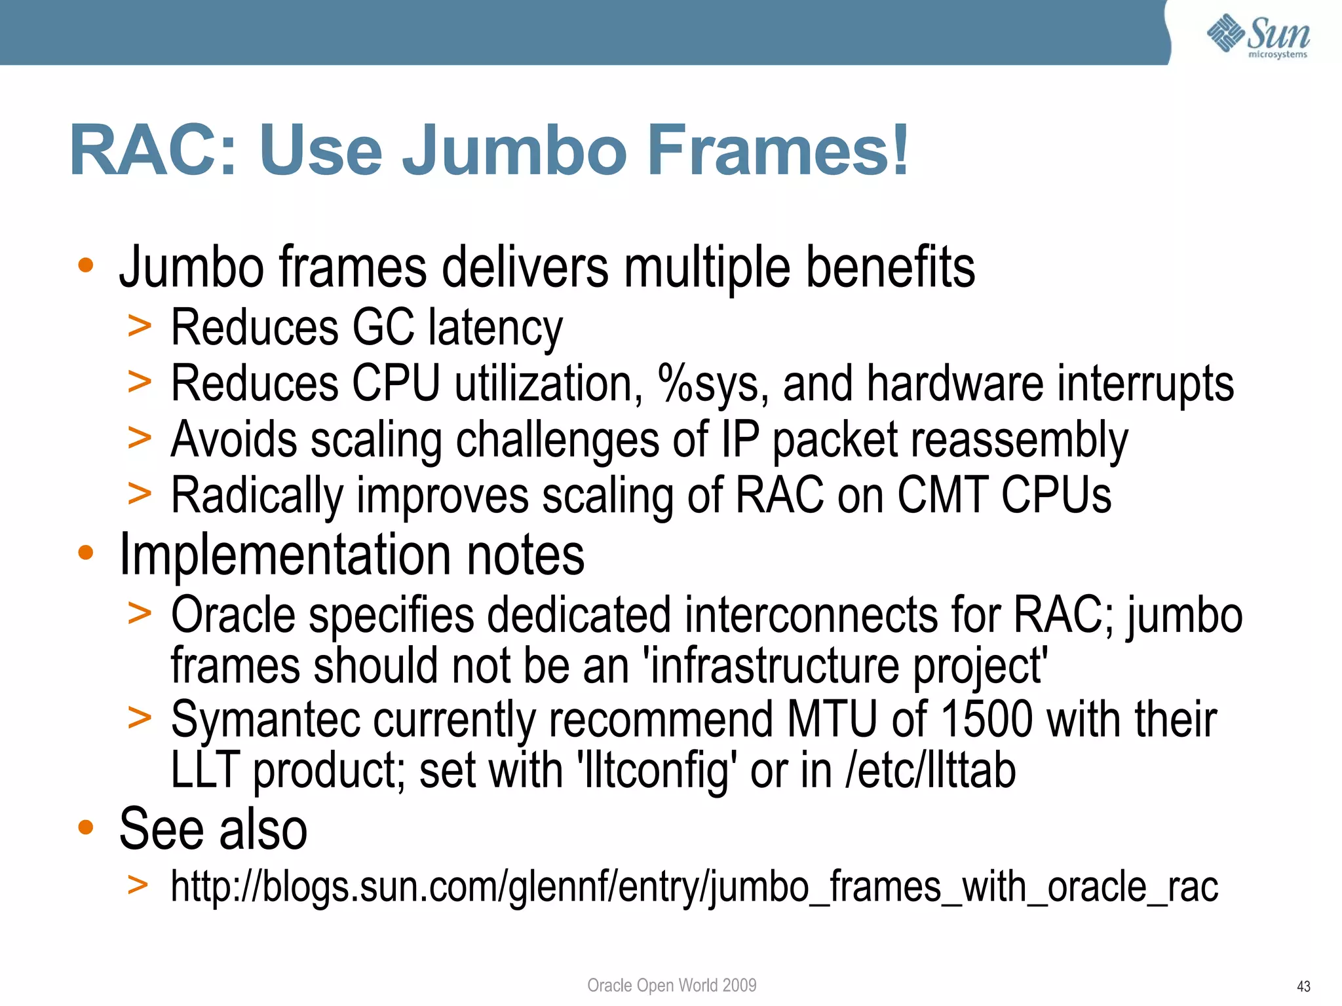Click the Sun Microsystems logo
pyautogui.click(x=1258, y=37)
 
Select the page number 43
pyautogui.click(x=1303, y=986)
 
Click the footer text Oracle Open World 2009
pyautogui.click(x=672, y=985)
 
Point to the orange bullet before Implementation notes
pyautogui.click(x=86, y=553)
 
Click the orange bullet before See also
pyautogui.click(x=86, y=827)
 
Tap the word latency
pyautogui.click(x=495, y=327)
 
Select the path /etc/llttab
pyautogui.click(x=930, y=771)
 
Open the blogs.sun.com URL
pyautogui.click(x=694, y=887)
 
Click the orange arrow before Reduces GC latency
pyautogui.click(x=140, y=326)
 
